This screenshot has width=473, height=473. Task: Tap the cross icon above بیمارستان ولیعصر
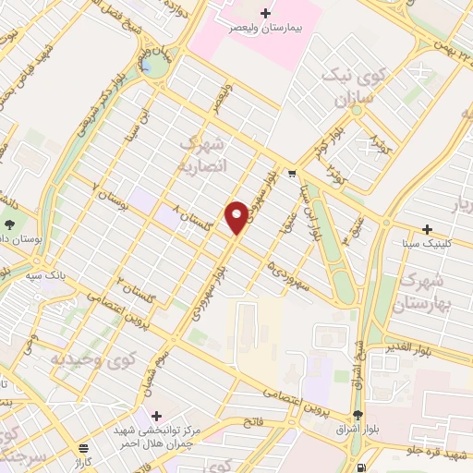[266, 13]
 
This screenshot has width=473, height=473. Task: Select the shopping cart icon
[291, 173]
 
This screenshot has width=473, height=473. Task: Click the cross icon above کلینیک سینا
[427, 229]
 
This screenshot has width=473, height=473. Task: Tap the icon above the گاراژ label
[84, 446]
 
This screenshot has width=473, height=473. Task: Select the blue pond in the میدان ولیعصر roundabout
[147, 66]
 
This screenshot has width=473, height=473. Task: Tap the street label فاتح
[252, 421]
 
